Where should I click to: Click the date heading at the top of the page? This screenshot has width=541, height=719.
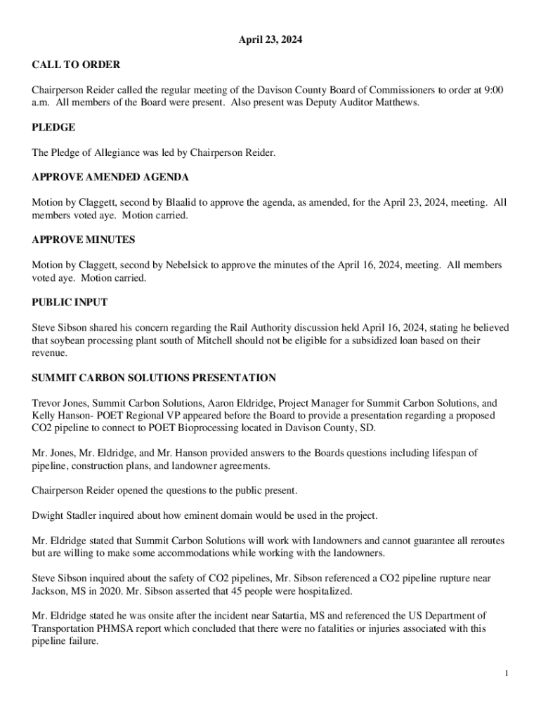click(270, 41)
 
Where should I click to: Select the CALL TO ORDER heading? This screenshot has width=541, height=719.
click(76, 65)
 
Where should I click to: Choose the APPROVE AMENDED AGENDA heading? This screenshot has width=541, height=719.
click(110, 177)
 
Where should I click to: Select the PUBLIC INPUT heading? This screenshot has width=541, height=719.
click(70, 302)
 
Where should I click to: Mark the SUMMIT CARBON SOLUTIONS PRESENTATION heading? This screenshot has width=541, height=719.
click(154, 378)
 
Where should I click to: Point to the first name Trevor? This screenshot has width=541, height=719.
click(46, 403)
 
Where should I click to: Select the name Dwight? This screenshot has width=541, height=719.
click(48, 515)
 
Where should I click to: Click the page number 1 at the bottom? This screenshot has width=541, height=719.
click(506, 674)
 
